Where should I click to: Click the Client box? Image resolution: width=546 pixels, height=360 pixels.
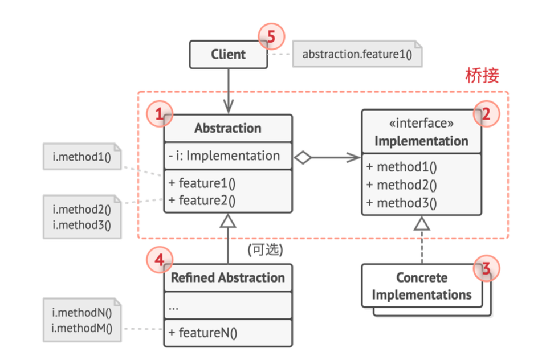click(x=229, y=54)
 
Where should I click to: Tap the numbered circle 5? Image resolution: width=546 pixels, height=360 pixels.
click(x=272, y=36)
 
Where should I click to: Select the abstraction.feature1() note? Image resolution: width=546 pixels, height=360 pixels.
click(x=357, y=54)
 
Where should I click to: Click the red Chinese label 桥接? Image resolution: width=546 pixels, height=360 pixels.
click(x=482, y=76)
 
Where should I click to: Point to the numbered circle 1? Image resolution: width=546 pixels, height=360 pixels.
click(x=160, y=114)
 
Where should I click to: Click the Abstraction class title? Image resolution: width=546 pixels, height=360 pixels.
click(x=228, y=128)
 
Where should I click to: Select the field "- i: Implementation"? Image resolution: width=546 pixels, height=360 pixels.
click(x=224, y=156)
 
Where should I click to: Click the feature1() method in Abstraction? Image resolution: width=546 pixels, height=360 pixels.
click(x=202, y=183)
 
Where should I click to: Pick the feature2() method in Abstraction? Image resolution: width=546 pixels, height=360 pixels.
click(x=202, y=201)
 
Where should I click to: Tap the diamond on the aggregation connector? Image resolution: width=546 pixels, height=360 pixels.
click(x=303, y=158)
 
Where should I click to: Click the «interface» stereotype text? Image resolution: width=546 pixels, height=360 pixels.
click(x=421, y=123)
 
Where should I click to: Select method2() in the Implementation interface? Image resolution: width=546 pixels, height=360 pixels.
click(x=401, y=185)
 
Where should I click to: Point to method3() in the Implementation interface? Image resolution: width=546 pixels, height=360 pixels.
click(x=401, y=203)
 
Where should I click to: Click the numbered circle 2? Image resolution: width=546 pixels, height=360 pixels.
click(x=487, y=114)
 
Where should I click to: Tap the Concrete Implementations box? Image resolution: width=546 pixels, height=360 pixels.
click(x=422, y=286)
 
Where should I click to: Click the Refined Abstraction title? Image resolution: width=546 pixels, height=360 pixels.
click(x=228, y=277)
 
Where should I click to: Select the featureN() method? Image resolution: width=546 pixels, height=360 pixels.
click(x=203, y=333)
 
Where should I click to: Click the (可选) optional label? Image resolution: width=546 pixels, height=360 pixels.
click(x=266, y=249)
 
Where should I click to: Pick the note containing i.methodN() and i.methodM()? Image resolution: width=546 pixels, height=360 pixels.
click(x=82, y=320)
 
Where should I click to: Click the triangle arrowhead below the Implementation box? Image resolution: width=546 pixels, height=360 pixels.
click(x=422, y=223)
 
